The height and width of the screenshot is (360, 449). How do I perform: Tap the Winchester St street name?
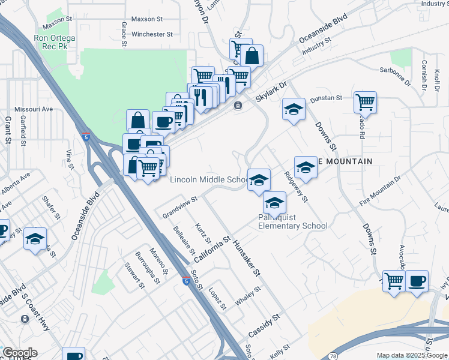(x=152, y=35)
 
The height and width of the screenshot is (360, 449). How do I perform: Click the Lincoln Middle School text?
(x=209, y=179)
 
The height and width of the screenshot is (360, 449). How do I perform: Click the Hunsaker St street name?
(x=247, y=257)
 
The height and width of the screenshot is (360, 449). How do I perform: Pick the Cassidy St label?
(x=264, y=325)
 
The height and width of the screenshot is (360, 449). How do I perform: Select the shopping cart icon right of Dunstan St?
(x=365, y=102)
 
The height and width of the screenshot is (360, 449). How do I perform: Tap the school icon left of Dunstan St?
(x=294, y=110)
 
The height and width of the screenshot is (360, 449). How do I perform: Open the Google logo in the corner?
(x=19, y=353)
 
